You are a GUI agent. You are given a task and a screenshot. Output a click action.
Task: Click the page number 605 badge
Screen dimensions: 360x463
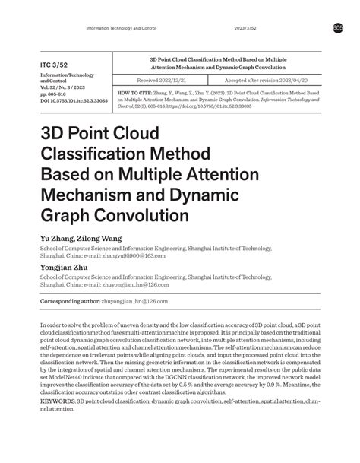click(x=337, y=28)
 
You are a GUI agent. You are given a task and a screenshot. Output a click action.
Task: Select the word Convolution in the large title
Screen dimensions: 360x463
click(x=142, y=215)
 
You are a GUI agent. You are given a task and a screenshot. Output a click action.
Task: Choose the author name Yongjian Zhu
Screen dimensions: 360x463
click(x=66, y=268)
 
